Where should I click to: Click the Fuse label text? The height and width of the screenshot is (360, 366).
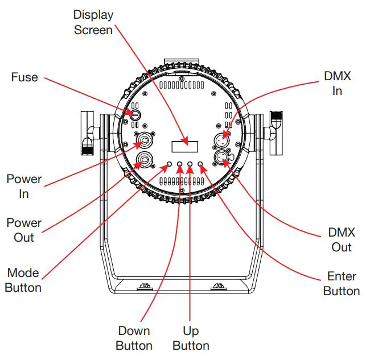(x=24, y=77)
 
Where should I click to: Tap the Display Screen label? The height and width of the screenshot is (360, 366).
(x=93, y=22)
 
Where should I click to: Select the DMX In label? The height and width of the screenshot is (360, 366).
(x=337, y=83)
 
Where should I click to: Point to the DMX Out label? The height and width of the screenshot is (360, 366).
(x=342, y=239)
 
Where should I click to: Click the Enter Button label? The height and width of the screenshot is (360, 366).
(x=342, y=284)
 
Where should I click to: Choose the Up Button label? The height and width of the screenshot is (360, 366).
(x=191, y=338)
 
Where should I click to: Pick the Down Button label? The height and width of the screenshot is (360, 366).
(x=134, y=338)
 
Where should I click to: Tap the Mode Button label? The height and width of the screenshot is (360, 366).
(x=23, y=280)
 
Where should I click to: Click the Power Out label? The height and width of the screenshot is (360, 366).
(x=24, y=230)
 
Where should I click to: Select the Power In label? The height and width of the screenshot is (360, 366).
(x=24, y=186)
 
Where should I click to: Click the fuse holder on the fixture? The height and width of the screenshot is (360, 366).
(x=135, y=114)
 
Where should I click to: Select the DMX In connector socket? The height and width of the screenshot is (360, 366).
(x=222, y=138)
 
